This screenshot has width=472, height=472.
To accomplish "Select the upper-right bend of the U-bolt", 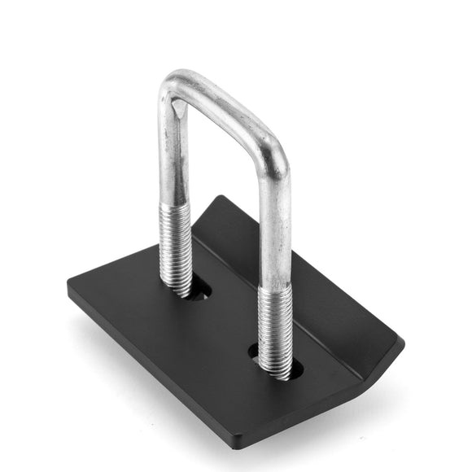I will click(x=275, y=151).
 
